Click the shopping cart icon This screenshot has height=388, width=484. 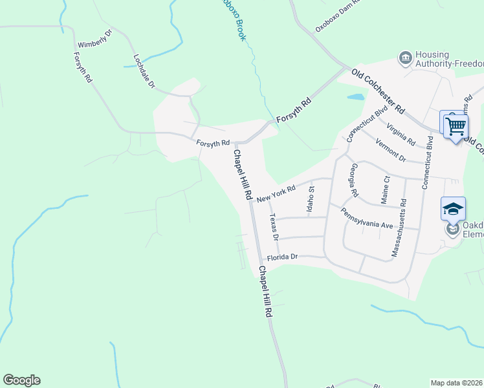coord(456,125)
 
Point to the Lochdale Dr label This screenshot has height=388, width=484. coord(144,71)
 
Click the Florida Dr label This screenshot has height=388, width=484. coord(281,257)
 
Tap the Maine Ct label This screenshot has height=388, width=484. coord(386,190)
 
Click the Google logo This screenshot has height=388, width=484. coord(21,380)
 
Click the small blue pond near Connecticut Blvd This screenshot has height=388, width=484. coord(356,98)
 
